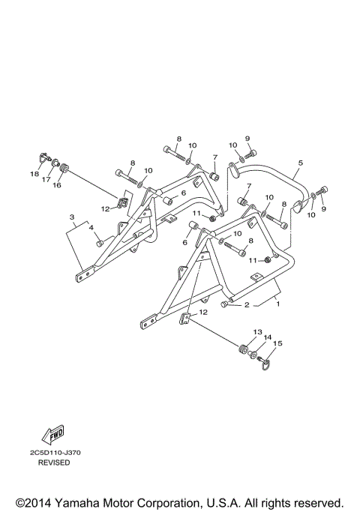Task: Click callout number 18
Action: (x=33, y=174)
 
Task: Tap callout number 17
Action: (x=45, y=180)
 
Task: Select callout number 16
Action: (x=57, y=184)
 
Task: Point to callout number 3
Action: (x=72, y=218)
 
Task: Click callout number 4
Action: (x=91, y=227)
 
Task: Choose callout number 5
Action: (x=300, y=162)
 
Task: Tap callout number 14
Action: (x=267, y=337)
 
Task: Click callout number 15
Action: (x=277, y=343)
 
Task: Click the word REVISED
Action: (x=55, y=463)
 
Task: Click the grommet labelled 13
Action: (x=243, y=349)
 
